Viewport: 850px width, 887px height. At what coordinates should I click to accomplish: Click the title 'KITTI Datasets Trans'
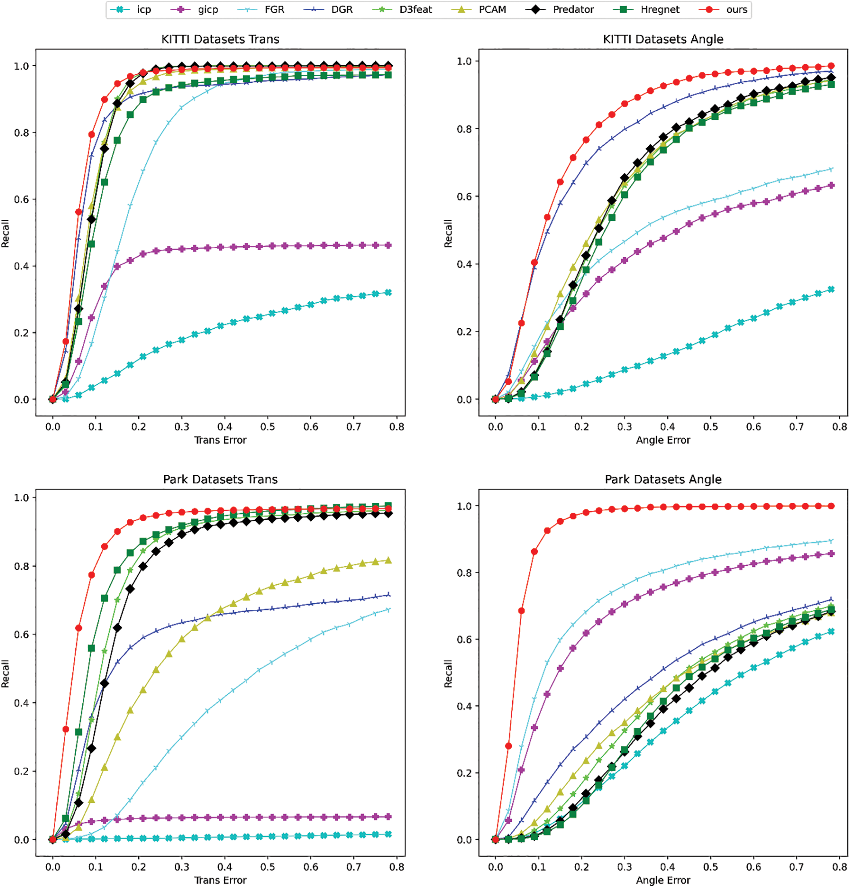click(220, 39)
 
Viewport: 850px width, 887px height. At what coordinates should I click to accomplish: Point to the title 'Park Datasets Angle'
click(663, 479)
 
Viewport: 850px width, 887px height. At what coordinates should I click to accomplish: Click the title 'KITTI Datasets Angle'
click(663, 39)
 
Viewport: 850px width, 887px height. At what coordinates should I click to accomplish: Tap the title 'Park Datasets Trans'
click(220, 479)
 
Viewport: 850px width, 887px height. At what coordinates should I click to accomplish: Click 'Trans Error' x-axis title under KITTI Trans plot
click(220, 440)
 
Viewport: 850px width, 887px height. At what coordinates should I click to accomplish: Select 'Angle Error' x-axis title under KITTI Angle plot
click(663, 440)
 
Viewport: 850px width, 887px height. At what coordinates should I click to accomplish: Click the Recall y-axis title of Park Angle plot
click(448, 674)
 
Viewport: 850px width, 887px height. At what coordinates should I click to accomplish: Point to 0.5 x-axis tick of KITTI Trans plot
click(268, 427)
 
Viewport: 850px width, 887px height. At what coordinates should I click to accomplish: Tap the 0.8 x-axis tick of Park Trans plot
click(397, 867)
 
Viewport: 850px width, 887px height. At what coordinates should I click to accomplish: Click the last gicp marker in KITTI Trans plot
click(388, 245)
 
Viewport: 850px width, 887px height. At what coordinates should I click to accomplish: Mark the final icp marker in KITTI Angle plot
click(831, 289)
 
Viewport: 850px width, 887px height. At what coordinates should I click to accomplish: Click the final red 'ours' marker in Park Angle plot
click(831, 506)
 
